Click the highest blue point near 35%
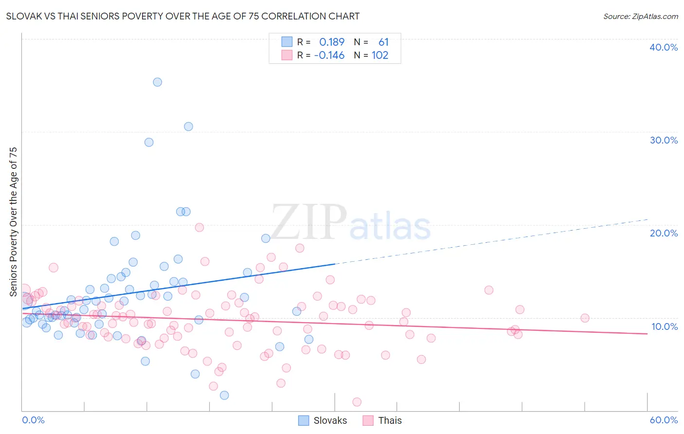click(x=157, y=82)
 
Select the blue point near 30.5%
click(x=188, y=127)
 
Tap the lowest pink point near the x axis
click(x=357, y=402)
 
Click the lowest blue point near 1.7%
click(x=224, y=395)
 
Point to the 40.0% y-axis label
click(x=663, y=47)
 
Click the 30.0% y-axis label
click(x=663, y=140)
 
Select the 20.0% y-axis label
click(x=663, y=233)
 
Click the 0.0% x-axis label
click(x=33, y=420)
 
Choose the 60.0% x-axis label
click(x=663, y=420)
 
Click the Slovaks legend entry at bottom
click(x=323, y=420)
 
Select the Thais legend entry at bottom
click(x=382, y=420)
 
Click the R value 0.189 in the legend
click(x=332, y=42)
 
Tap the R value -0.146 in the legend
click(x=329, y=55)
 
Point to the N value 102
click(x=380, y=55)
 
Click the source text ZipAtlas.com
click(x=640, y=16)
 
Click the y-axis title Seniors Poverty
click(x=13, y=221)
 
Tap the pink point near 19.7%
click(x=199, y=227)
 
